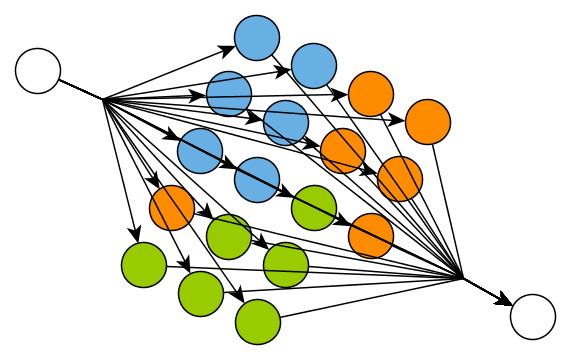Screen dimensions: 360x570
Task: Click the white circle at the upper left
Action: coord(38,71)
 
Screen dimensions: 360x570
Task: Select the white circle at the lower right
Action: coord(532,317)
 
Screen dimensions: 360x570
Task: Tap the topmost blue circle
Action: coord(257,38)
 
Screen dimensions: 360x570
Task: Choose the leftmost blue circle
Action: coord(200,151)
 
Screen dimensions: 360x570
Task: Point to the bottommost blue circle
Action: coord(257,179)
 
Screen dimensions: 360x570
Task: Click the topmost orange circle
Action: coord(371,94)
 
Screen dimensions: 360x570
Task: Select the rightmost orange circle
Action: coord(428,122)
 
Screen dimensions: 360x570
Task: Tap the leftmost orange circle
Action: coord(172,208)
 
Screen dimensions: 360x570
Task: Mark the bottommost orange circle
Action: coord(371,236)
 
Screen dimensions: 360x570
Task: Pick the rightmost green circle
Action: coord(314,208)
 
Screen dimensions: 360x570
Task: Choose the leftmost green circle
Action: coord(143,264)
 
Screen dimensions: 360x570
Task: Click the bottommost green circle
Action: coord(257,321)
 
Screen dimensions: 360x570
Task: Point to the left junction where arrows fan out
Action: coord(103,99)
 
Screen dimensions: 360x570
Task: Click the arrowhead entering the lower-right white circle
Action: coord(506,302)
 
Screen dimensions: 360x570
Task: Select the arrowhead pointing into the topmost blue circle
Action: coord(230,47)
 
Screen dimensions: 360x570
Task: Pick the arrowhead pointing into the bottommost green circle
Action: coord(240,297)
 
